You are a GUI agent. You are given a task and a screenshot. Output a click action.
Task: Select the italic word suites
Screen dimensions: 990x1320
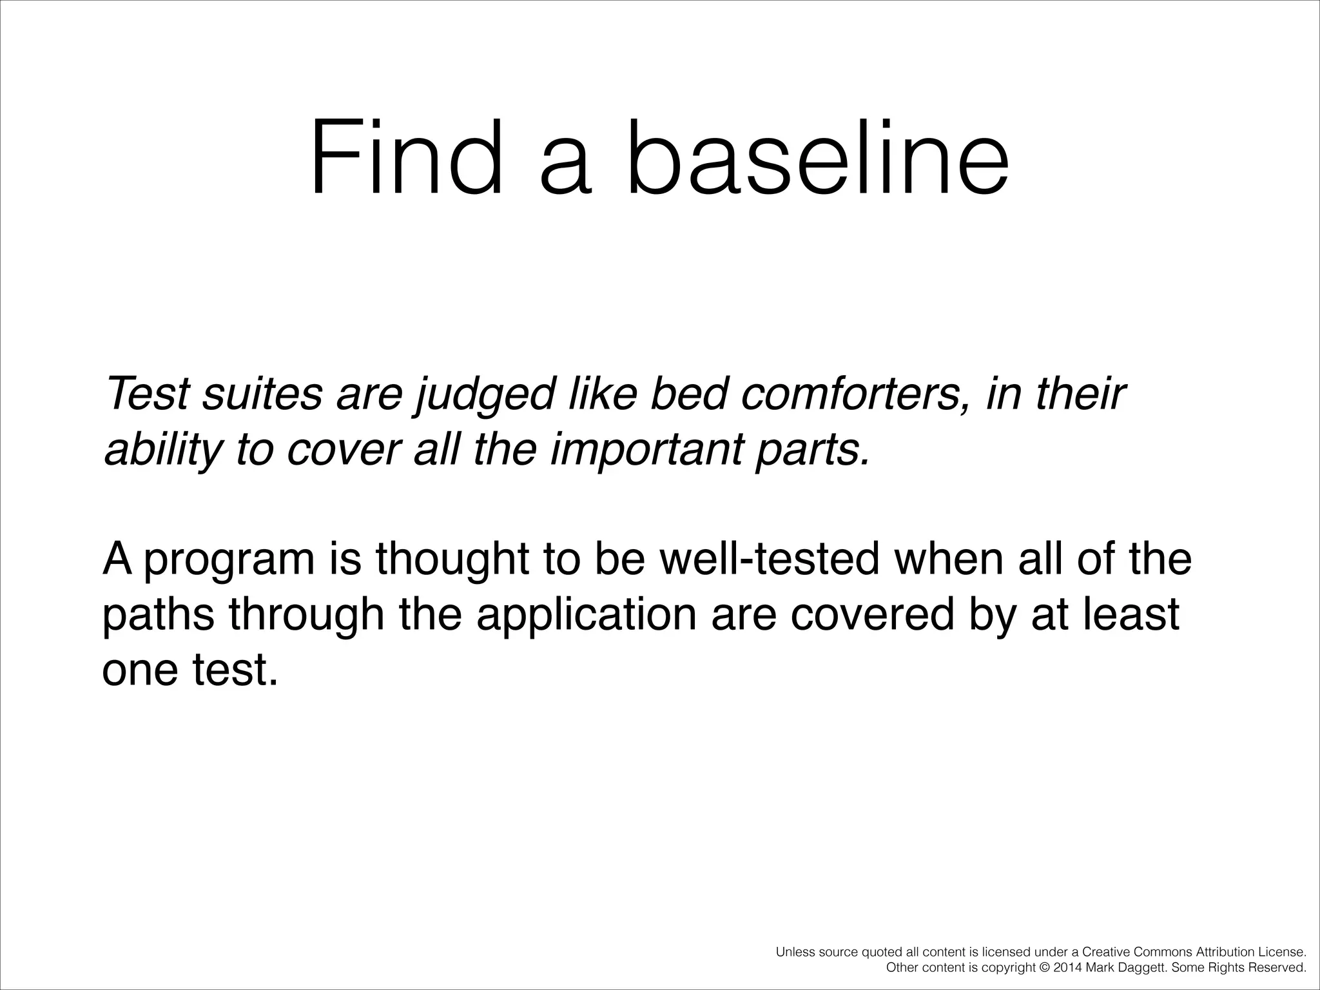(x=262, y=394)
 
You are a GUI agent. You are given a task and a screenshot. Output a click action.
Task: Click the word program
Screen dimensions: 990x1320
(x=229, y=559)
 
